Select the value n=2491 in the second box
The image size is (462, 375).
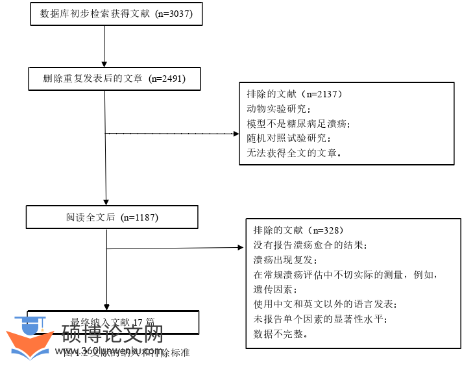tap(167, 79)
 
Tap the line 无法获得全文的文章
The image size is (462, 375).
tap(294, 153)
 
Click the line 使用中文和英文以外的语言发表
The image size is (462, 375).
tap(324, 304)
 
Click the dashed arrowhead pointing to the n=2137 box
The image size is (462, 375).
tap(236, 134)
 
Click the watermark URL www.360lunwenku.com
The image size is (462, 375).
tap(112, 352)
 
